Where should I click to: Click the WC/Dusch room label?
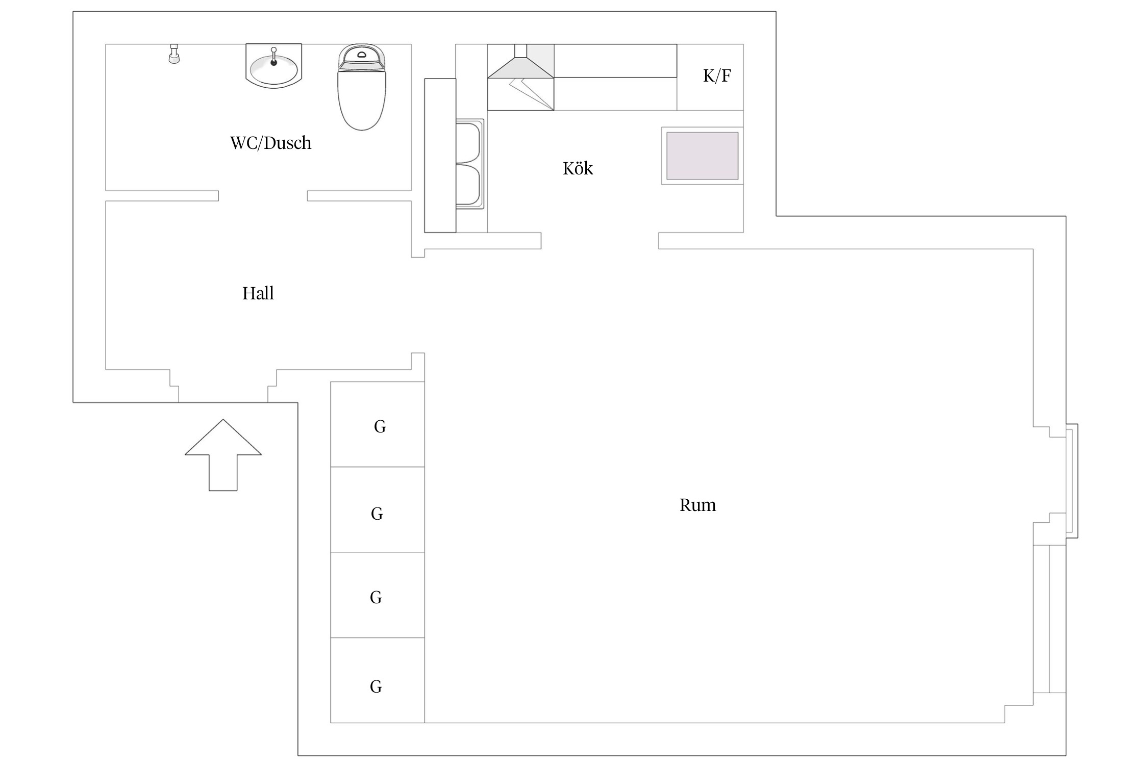point(270,143)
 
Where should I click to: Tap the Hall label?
point(258,293)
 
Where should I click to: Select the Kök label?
point(578,168)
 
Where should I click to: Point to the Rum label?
point(697,505)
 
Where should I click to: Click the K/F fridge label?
point(717,75)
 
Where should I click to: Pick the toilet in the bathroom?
point(362,87)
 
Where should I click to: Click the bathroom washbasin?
point(274,65)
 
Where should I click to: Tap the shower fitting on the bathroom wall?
point(174,54)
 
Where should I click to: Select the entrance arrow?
point(223,455)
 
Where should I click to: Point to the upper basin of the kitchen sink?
point(468,141)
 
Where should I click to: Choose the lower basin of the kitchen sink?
point(468,186)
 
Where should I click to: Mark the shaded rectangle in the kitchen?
point(702,156)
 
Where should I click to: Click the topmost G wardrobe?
point(378,424)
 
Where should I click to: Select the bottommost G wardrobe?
point(378,680)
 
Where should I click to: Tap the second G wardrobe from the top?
point(378,509)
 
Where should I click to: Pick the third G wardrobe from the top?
point(378,595)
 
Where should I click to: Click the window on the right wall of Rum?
point(1071,481)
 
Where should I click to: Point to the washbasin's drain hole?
point(273,63)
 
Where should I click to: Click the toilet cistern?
point(362,57)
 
